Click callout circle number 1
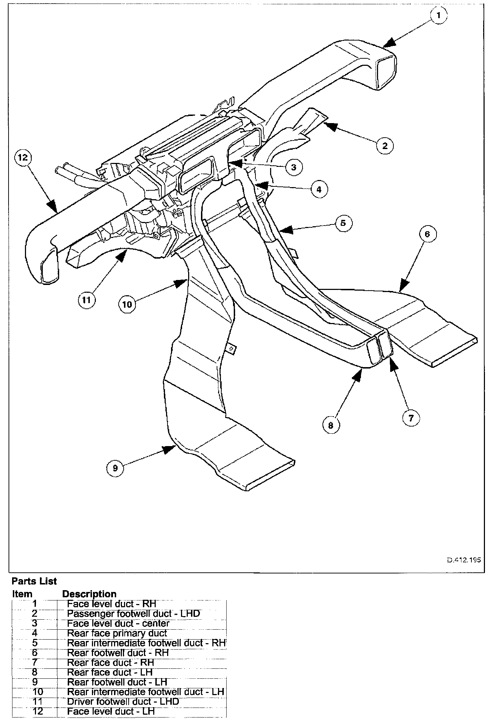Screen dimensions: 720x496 point(439,16)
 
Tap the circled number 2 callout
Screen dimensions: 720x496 point(384,145)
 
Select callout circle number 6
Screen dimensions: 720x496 point(427,234)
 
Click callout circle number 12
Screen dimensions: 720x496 point(23,158)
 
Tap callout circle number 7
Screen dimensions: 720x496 point(411,418)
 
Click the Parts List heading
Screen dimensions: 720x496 point(34,581)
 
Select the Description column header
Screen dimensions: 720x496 point(89,594)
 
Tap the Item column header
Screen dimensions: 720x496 point(22,594)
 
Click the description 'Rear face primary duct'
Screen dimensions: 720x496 point(117,633)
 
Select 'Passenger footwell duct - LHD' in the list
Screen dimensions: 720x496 point(133,614)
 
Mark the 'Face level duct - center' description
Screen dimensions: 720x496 point(118,623)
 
